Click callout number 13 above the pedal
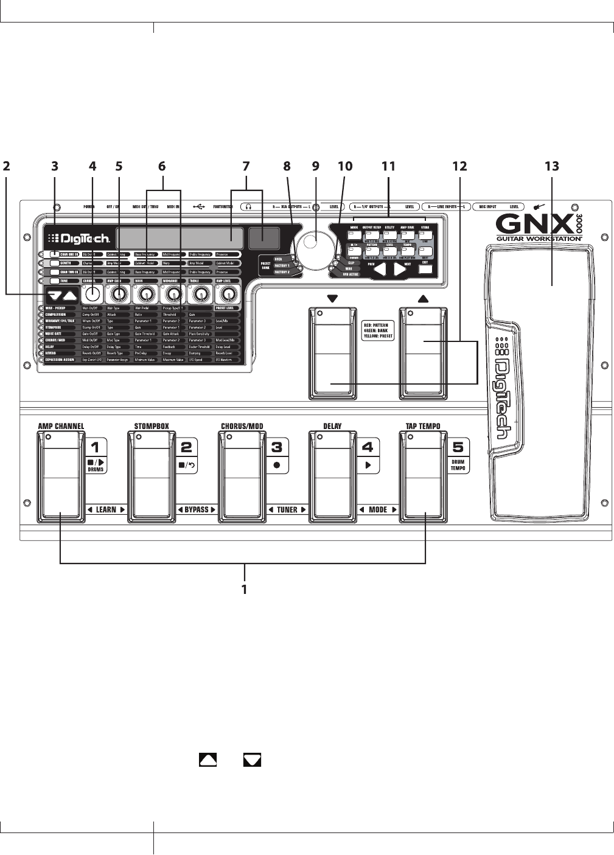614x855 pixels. [x=552, y=166]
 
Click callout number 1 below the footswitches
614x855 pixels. [x=245, y=589]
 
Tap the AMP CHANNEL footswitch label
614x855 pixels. [x=61, y=426]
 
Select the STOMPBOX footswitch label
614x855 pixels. [x=152, y=426]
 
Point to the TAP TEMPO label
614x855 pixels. [x=423, y=426]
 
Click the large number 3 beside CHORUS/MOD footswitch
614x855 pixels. [x=277, y=447]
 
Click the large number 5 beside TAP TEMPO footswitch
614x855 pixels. [x=458, y=447]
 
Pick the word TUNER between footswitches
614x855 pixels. [x=287, y=510]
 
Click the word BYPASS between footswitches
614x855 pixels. [x=196, y=510]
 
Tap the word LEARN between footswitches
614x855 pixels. [x=106, y=510]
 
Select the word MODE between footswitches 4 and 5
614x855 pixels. [x=378, y=510]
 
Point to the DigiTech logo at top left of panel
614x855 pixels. [x=78, y=239]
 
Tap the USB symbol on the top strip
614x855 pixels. [x=199, y=206]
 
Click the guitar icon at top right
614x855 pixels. [x=537, y=206]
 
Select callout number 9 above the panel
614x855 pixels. [x=315, y=166]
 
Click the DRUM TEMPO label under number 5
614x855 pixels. [x=458, y=465]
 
